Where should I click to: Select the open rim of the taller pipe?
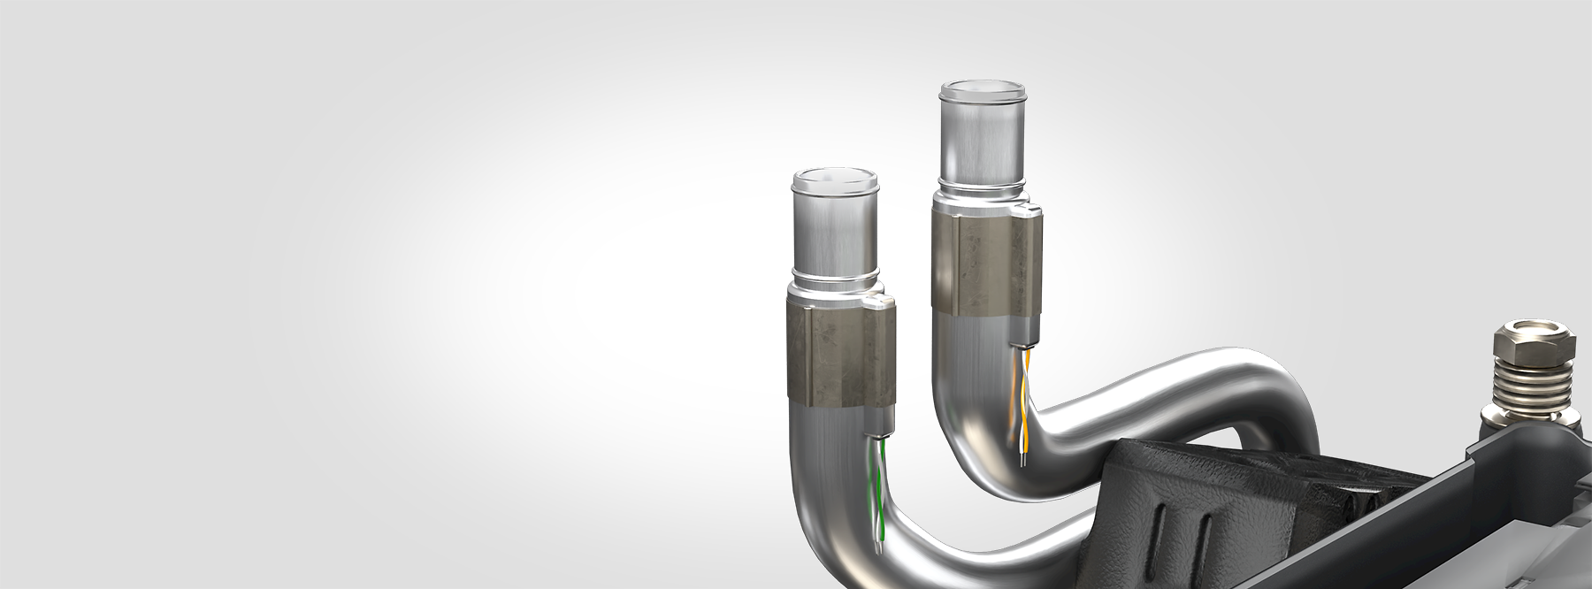coord(983,92)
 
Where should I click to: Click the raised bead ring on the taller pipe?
coord(982,187)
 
